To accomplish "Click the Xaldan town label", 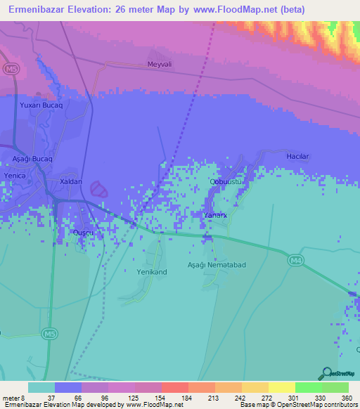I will pos(71,181).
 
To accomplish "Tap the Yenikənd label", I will pos(151,271).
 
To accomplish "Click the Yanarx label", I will pos(214,215).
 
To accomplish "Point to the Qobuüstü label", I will pos(226,181).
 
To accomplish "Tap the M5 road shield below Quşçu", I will pos(49,332).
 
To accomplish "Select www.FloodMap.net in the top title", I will pos(237,11).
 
